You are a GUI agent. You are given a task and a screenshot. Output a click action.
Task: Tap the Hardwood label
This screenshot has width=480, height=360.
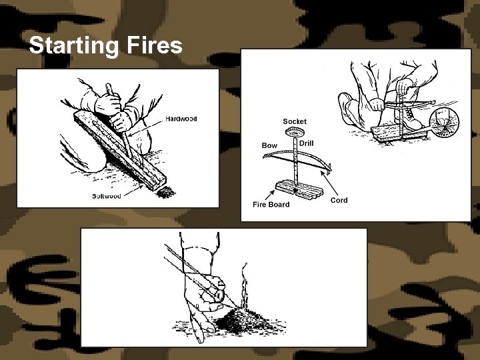[x=181, y=119]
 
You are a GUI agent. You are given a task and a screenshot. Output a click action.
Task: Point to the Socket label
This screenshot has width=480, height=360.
[x=295, y=121]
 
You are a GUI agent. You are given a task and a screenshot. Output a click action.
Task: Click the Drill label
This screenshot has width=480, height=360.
[x=307, y=143]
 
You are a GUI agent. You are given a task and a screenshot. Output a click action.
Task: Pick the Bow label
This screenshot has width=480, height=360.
[x=269, y=145]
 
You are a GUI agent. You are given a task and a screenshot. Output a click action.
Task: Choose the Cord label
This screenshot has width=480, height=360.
[x=339, y=200]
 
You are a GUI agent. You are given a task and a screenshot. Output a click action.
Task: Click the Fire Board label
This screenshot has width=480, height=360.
[x=271, y=204]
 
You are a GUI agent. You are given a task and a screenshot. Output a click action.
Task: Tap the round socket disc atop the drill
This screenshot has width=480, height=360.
[x=294, y=133]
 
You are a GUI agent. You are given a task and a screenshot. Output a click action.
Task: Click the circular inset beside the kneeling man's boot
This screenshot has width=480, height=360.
[x=443, y=123]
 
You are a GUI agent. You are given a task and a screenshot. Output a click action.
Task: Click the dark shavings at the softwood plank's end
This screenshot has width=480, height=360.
[x=165, y=191]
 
